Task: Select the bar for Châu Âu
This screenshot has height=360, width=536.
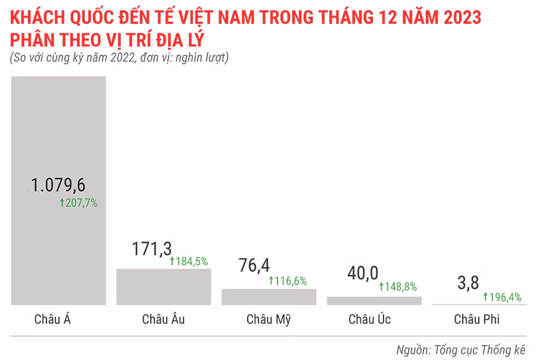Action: click(163, 287)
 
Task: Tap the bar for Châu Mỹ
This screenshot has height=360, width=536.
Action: click(269, 297)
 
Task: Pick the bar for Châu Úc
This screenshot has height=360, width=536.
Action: click(374, 301)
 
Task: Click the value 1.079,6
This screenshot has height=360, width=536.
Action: click(58, 185)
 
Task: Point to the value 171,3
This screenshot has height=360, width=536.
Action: click(152, 249)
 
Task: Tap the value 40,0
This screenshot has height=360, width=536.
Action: click(362, 273)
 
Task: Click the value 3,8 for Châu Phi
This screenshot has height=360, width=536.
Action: click(468, 283)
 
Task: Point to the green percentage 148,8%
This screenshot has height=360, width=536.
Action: click(398, 287)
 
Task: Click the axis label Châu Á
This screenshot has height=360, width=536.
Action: click(52, 319)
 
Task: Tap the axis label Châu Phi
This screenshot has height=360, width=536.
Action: click(476, 319)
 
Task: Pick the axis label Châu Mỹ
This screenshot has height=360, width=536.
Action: click(269, 319)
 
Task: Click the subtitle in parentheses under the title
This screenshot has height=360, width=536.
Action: click(120, 58)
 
